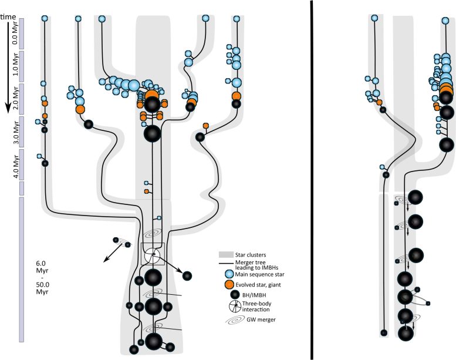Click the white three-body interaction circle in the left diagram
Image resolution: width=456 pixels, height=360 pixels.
[x=152, y=255]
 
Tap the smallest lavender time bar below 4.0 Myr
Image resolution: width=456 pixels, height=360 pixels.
[x=21, y=188]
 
